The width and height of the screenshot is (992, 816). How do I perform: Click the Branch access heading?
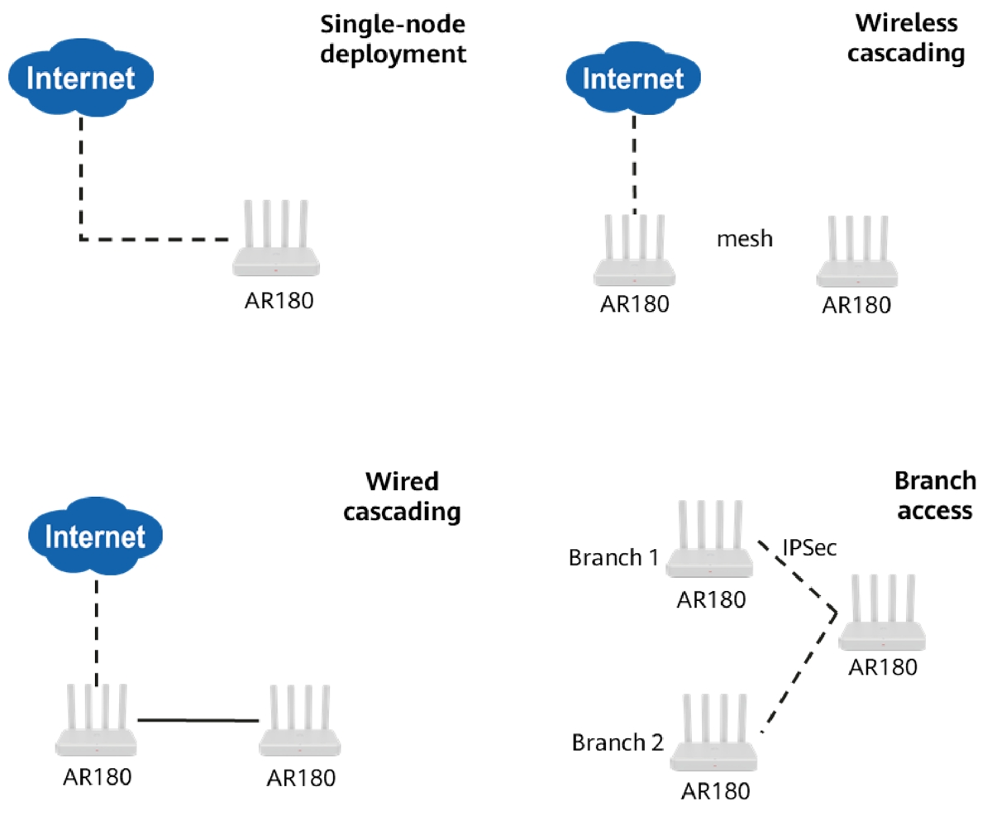[x=933, y=496]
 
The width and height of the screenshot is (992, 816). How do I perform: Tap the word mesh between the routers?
[x=744, y=239]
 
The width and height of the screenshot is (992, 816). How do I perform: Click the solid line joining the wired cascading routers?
[x=198, y=721]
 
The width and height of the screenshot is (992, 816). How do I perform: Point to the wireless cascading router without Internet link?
[x=856, y=252]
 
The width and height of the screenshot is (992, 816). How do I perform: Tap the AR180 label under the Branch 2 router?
[x=716, y=790]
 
